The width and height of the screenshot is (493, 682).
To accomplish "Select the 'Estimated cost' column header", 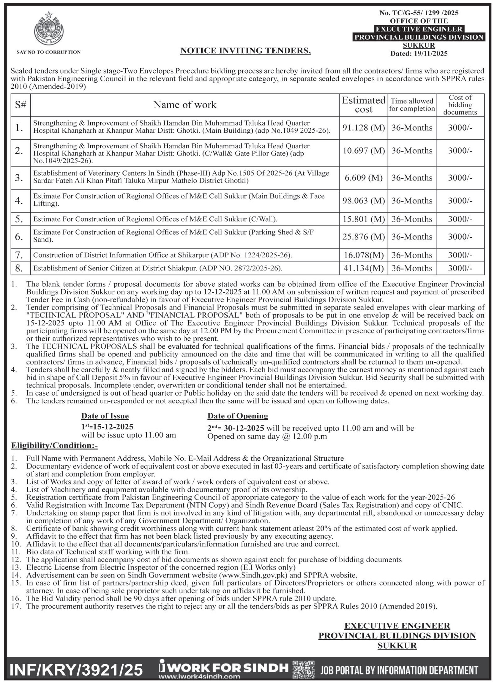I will pos(363,105).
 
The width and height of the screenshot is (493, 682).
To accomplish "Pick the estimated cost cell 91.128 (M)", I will pos(363,128).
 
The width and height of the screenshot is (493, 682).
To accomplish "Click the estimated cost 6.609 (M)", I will pos(363,178).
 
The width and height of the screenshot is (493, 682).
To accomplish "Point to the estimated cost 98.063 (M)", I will pos(363,201).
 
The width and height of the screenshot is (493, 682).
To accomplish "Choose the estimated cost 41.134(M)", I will pos(363,268).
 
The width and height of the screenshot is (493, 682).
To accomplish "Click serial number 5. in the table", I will pos(19,219).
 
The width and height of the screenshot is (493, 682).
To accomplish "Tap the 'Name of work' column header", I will pos(185,105).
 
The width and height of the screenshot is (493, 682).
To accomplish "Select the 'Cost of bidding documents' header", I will pos(460,105).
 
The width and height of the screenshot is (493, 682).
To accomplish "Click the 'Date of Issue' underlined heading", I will pos(105,416).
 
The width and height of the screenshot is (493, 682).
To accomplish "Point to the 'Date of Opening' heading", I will pos(238,416).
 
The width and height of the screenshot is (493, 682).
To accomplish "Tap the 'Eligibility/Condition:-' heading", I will pos(54,445).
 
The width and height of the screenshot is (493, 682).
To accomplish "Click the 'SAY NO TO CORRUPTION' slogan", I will pos(49,52).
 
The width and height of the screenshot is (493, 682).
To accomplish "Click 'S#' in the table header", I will pos(20,105).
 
